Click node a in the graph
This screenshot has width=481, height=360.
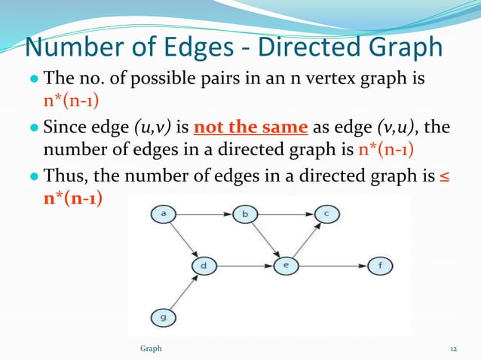coord(163,215)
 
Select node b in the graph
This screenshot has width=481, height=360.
coord(244,215)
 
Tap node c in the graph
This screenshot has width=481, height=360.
coord(326,215)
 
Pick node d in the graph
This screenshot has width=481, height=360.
coord(204,266)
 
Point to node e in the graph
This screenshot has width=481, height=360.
coord(285,266)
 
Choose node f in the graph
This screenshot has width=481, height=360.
coord(379,266)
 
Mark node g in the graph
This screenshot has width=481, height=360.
coord(163,318)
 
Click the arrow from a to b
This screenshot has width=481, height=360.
coord(204,215)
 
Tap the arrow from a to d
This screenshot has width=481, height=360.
coord(183,240)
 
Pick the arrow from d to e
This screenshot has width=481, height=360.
coord(244,266)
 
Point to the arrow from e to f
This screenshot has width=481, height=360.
coord(332,266)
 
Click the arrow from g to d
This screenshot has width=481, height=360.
coord(183,292)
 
